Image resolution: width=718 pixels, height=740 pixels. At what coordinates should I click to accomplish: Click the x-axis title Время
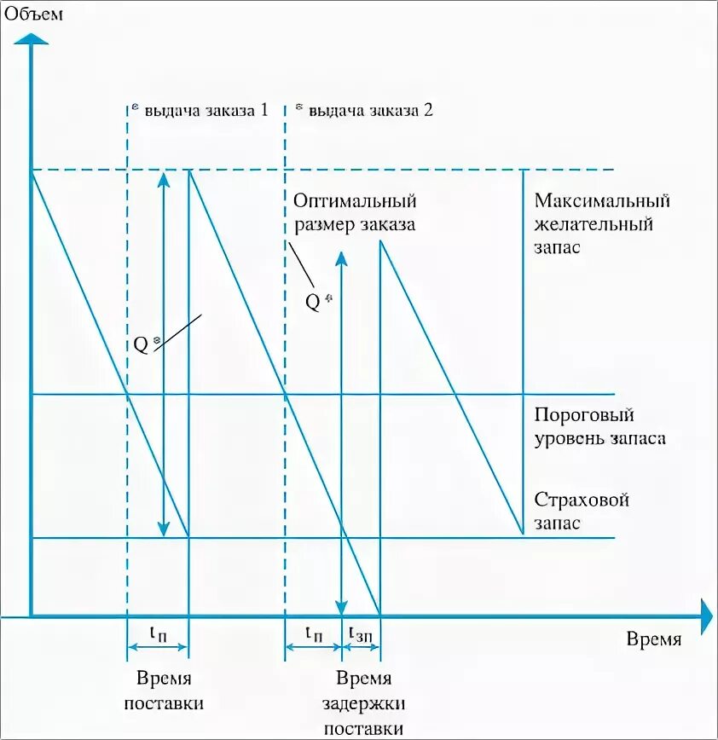653,640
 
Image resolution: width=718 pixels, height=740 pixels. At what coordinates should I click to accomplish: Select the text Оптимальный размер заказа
355,213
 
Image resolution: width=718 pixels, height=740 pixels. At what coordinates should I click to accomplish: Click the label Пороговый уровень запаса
599,427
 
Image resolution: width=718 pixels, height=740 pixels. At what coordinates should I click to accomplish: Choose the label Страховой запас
582,511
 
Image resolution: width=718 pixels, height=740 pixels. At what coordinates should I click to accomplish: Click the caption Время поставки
164,691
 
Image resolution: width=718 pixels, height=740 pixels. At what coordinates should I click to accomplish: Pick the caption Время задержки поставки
363,704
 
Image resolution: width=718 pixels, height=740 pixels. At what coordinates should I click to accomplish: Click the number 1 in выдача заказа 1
263,110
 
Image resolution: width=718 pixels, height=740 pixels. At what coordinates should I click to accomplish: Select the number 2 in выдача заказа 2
428,110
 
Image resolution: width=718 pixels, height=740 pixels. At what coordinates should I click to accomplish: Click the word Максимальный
602,201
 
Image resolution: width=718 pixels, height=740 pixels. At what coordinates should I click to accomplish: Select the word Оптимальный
355,201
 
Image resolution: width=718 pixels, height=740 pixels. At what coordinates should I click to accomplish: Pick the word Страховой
582,500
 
